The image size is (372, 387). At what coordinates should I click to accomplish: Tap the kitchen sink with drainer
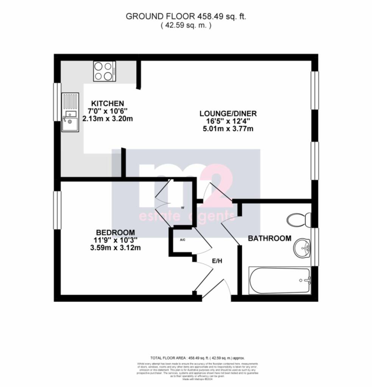(x=70, y=112)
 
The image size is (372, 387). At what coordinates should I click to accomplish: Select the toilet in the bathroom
(x=299, y=220)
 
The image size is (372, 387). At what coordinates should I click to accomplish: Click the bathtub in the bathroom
(x=280, y=280)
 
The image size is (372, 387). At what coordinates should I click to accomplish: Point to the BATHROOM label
(x=270, y=238)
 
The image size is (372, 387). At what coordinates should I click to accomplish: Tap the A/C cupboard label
(x=182, y=240)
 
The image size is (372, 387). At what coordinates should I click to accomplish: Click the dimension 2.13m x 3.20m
(x=108, y=119)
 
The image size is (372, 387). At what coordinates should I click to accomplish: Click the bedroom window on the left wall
(x=57, y=210)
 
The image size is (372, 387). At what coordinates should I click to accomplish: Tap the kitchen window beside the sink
(x=57, y=102)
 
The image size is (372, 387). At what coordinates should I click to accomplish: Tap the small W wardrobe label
(x=182, y=207)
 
